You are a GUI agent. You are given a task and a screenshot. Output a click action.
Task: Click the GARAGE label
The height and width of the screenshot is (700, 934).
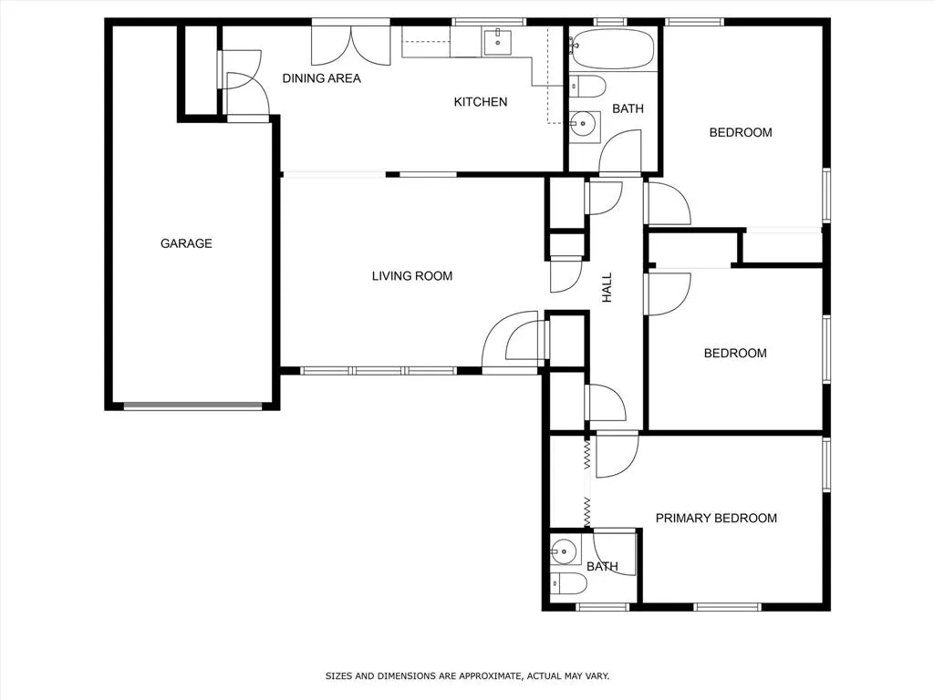pyautogui.click(x=186, y=243)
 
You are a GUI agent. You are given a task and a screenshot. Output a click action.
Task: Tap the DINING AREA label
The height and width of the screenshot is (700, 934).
pyautogui.click(x=321, y=78)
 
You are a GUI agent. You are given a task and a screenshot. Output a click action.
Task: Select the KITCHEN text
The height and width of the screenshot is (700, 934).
pyautogui.click(x=481, y=102)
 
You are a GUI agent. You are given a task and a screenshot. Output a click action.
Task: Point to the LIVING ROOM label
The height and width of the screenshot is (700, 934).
pyautogui.click(x=411, y=276)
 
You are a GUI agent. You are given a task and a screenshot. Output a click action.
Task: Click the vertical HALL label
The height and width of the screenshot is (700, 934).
pyautogui.click(x=607, y=288)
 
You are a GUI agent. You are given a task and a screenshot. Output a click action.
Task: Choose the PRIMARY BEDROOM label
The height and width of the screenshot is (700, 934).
pyautogui.click(x=716, y=518)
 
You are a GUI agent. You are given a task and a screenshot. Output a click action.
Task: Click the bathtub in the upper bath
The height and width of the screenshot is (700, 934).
pyautogui.click(x=612, y=47)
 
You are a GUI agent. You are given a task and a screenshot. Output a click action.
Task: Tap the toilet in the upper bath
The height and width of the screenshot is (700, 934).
pyautogui.click(x=587, y=87)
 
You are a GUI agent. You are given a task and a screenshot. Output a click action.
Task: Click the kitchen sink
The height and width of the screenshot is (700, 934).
pyautogui.click(x=497, y=42)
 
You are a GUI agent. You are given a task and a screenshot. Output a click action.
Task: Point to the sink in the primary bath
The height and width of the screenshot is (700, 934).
pyautogui.click(x=565, y=550)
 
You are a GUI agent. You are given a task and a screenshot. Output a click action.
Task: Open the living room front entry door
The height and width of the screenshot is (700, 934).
pyautogui.click(x=513, y=342)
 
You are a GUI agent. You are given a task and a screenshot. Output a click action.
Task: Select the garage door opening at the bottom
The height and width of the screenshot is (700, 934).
pyautogui.click(x=192, y=407)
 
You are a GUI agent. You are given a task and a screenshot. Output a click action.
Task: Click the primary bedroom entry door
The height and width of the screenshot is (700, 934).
pyautogui.click(x=617, y=454)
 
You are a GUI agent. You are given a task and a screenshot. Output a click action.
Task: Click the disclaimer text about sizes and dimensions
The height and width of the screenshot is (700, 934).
pyautogui.click(x=467, y=676)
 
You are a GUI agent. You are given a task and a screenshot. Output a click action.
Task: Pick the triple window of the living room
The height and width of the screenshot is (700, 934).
pyautogui.click(x=378, y=371)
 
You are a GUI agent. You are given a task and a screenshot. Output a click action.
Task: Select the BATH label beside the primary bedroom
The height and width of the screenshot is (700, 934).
pyautogui.click(x=602, y=567)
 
